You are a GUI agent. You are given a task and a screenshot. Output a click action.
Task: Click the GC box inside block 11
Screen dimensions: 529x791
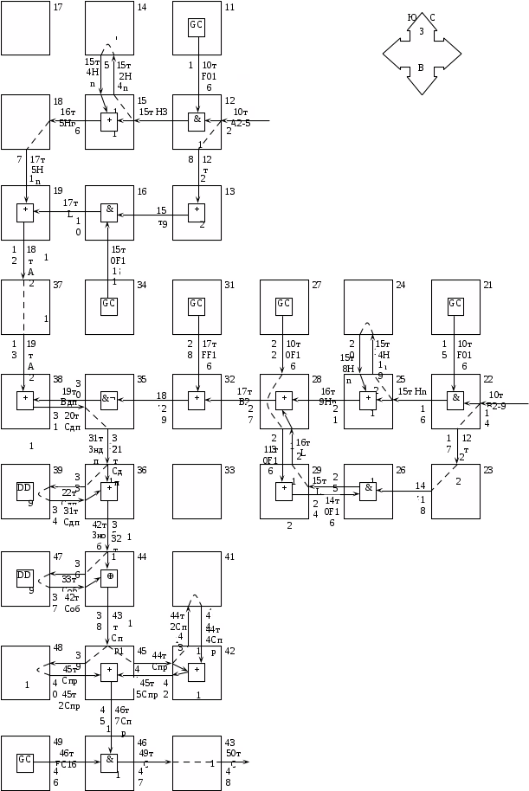tap(197, 25)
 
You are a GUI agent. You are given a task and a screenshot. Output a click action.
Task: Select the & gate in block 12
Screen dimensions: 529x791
tap(197, 120)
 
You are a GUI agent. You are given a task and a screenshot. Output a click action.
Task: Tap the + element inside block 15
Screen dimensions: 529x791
tap(109, 120)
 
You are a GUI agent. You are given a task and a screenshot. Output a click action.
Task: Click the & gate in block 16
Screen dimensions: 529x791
tap(109, 209)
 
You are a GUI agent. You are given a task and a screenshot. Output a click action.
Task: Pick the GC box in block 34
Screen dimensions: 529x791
tap(109, 305)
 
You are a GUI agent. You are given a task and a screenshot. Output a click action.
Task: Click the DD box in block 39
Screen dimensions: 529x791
tap(25, 488)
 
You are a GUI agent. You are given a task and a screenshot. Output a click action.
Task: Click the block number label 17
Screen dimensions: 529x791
tap(59, 7)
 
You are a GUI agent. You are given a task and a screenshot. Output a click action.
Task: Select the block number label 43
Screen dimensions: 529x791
tap(229, 743)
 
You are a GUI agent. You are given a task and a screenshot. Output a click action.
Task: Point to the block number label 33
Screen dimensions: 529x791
tap(229, 470)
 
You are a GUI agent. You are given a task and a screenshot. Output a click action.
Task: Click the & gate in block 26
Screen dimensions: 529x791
tap(368, 488)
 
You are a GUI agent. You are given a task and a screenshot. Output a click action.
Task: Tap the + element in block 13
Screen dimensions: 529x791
tap(197, 209)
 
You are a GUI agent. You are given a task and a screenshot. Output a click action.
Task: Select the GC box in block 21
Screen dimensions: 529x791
tap(455, 305)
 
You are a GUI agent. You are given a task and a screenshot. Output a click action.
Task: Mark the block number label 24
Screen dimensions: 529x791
tap(401, 285)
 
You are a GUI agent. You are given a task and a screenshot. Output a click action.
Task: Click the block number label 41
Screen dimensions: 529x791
tap(229, 557)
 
